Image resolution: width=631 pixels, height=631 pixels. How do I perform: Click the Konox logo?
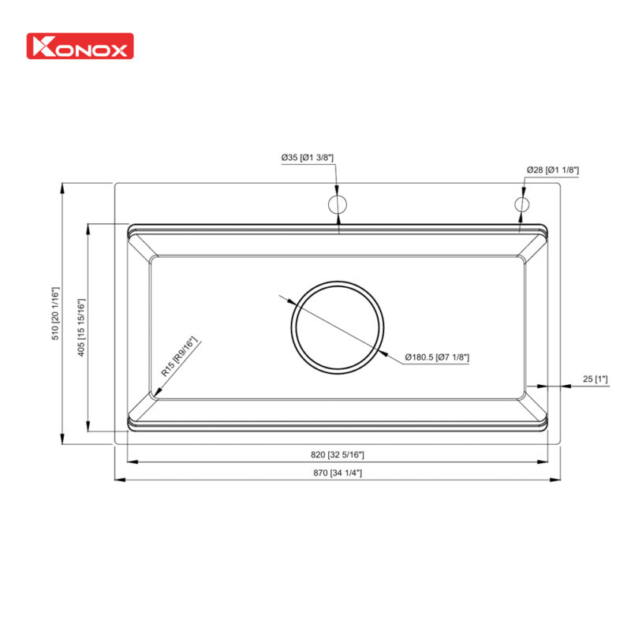coord(80,46)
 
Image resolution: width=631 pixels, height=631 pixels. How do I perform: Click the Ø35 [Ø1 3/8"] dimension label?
coord(308,158)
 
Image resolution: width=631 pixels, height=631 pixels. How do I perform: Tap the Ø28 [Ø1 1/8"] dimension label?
coord(553,170)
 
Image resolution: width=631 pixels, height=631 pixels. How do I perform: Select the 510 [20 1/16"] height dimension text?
coord(56,313)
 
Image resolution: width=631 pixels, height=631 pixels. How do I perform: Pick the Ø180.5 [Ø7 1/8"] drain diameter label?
coord(437,357)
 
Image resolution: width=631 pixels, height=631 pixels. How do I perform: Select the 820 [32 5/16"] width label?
coord(337,454)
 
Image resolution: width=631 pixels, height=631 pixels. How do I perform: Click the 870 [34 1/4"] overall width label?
coord(337,473)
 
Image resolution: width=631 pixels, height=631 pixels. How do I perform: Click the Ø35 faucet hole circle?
coord(338,204)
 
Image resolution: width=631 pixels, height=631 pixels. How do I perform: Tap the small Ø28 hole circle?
coord(521,204)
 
